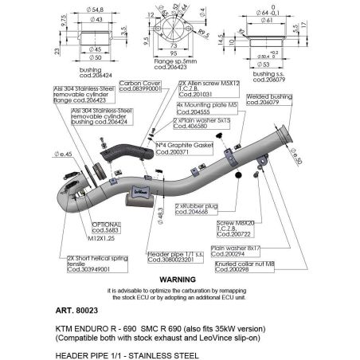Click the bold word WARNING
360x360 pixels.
tap(179, 280)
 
